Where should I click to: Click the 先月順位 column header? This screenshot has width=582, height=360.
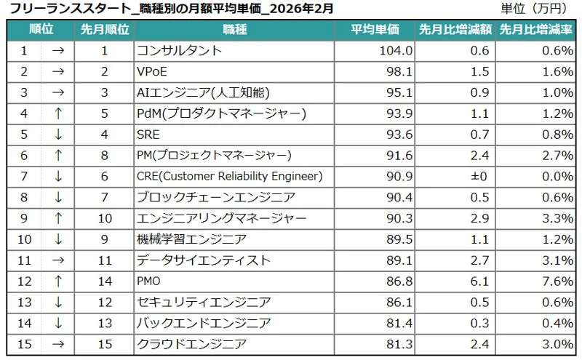[105, 30]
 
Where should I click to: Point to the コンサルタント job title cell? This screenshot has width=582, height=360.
[179, 51]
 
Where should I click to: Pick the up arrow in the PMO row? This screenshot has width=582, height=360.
[57, 281]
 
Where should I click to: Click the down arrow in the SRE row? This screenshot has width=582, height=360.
[57, 135]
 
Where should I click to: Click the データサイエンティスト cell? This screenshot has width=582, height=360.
[204, 260]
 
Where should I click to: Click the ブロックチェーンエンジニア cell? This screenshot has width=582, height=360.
[215, 197]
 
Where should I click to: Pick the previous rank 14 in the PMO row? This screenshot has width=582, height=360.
[105, 281]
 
